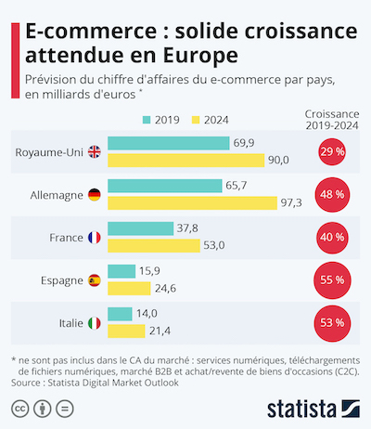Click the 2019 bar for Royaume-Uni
tap(169, 143)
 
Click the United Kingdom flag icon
tap(94, 151)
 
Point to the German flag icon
tap(94, 195)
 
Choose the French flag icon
tap(94, 238)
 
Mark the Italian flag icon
tap(94, 323)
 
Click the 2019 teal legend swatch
tap(147, 120)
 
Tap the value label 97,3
tap(294, 202)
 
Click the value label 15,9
tap(148, 271)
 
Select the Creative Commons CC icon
tap(19, 408)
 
